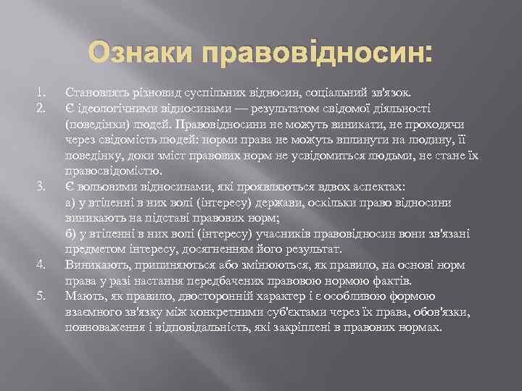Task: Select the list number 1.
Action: [x=41, y=93]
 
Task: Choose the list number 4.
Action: [x=41, y=265]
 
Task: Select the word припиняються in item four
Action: [x=167, y=266]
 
